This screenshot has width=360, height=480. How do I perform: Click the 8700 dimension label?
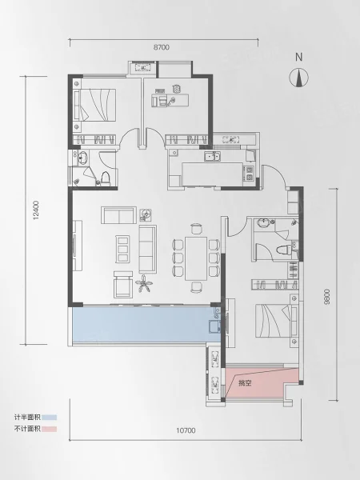tap(162, 47)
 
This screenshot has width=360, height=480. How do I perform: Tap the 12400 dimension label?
tap(37, 210)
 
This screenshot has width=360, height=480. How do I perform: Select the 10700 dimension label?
tap(186, 430)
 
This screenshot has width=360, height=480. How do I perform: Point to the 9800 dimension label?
tap(327, 296)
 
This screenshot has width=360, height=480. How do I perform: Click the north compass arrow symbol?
tap(298, 78)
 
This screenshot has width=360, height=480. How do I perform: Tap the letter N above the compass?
tap(299, 57)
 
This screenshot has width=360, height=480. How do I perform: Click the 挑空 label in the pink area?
tap(245, 382)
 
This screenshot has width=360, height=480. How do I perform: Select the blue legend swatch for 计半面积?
tap(50, 418)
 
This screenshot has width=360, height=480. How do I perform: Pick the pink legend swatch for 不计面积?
tap(50, 429)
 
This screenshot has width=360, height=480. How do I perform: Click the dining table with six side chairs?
tap(196, 258)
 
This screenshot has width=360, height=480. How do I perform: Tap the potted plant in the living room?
tap(144, 284)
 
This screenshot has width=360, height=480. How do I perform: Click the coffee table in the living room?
tap(122, 249)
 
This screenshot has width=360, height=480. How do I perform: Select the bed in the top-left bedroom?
tap(95, 104)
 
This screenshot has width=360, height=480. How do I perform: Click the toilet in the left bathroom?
tap(106, 178)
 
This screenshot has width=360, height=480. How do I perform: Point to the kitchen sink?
tap(212, 157)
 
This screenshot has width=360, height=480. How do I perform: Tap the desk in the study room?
tap(170, 100)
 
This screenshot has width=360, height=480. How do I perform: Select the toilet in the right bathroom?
tap(283, 250)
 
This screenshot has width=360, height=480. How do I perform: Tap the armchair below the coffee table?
tap(123, 284)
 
